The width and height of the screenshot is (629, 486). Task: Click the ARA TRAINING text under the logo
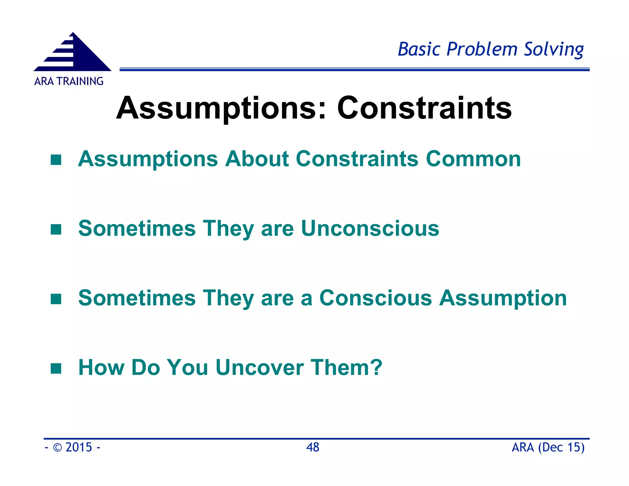coord(69,81)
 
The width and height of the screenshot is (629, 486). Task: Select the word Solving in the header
coord(553,49)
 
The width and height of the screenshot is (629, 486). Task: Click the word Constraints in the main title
coord(424,108)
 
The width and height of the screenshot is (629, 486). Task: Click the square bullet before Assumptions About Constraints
coord(56,160)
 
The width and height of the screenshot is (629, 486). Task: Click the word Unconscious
coord(370,229)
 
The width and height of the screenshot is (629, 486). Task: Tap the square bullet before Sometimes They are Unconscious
coord(56,229)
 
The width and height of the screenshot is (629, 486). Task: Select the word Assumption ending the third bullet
coord(503,299)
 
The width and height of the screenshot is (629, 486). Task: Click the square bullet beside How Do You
coord(56,368)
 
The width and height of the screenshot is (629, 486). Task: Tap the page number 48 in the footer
coord(313,447)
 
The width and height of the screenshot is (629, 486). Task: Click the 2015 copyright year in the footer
coord(79,447)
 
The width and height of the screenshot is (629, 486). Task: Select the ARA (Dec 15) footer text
coord(548,447)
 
